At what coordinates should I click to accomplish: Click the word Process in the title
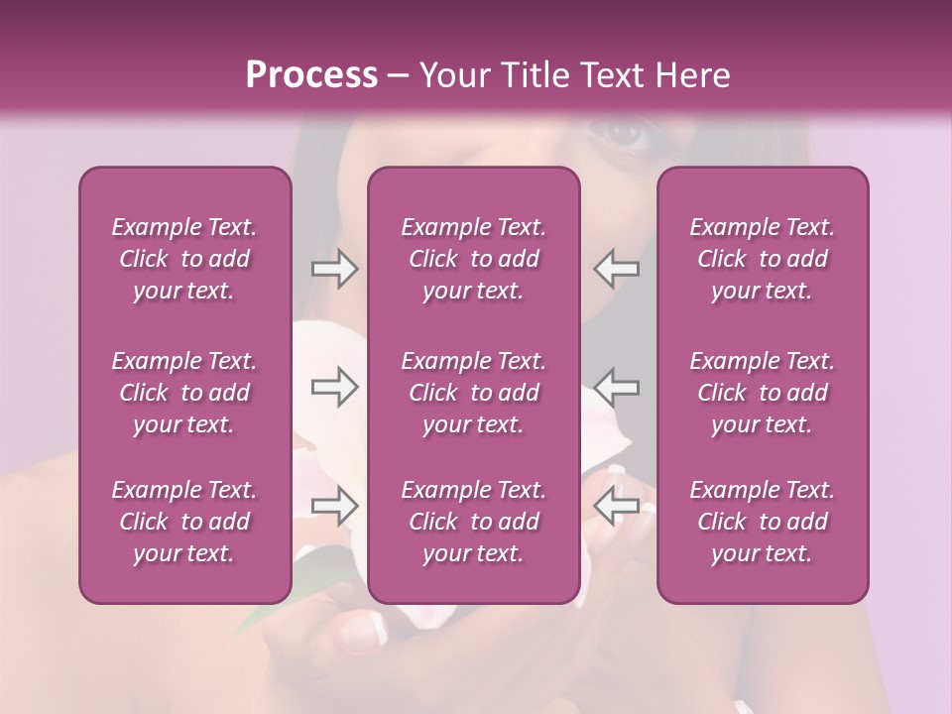[311, 75]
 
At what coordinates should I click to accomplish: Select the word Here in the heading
[692, 75]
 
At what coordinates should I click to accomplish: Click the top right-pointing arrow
[334, 269]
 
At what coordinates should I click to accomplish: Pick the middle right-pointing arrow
[334, 386]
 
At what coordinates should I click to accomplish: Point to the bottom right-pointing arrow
[334, 506]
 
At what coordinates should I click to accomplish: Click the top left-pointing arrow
[616, 269]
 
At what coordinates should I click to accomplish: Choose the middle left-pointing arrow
[616, 386]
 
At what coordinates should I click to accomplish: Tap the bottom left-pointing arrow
[616, 506]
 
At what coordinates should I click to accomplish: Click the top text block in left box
[184, 259]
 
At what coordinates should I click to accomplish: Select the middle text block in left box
[184, 393]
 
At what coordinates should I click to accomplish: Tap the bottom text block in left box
[184, 522]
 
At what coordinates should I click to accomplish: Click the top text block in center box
[474, 259]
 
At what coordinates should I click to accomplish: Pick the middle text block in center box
[474, 393]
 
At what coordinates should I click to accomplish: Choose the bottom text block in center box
[474, 522]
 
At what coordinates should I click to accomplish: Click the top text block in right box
[763, 259]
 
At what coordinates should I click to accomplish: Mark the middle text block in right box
[763, 393]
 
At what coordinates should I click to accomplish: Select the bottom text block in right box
[763, 522]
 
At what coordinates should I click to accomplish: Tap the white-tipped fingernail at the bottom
[367, 628]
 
